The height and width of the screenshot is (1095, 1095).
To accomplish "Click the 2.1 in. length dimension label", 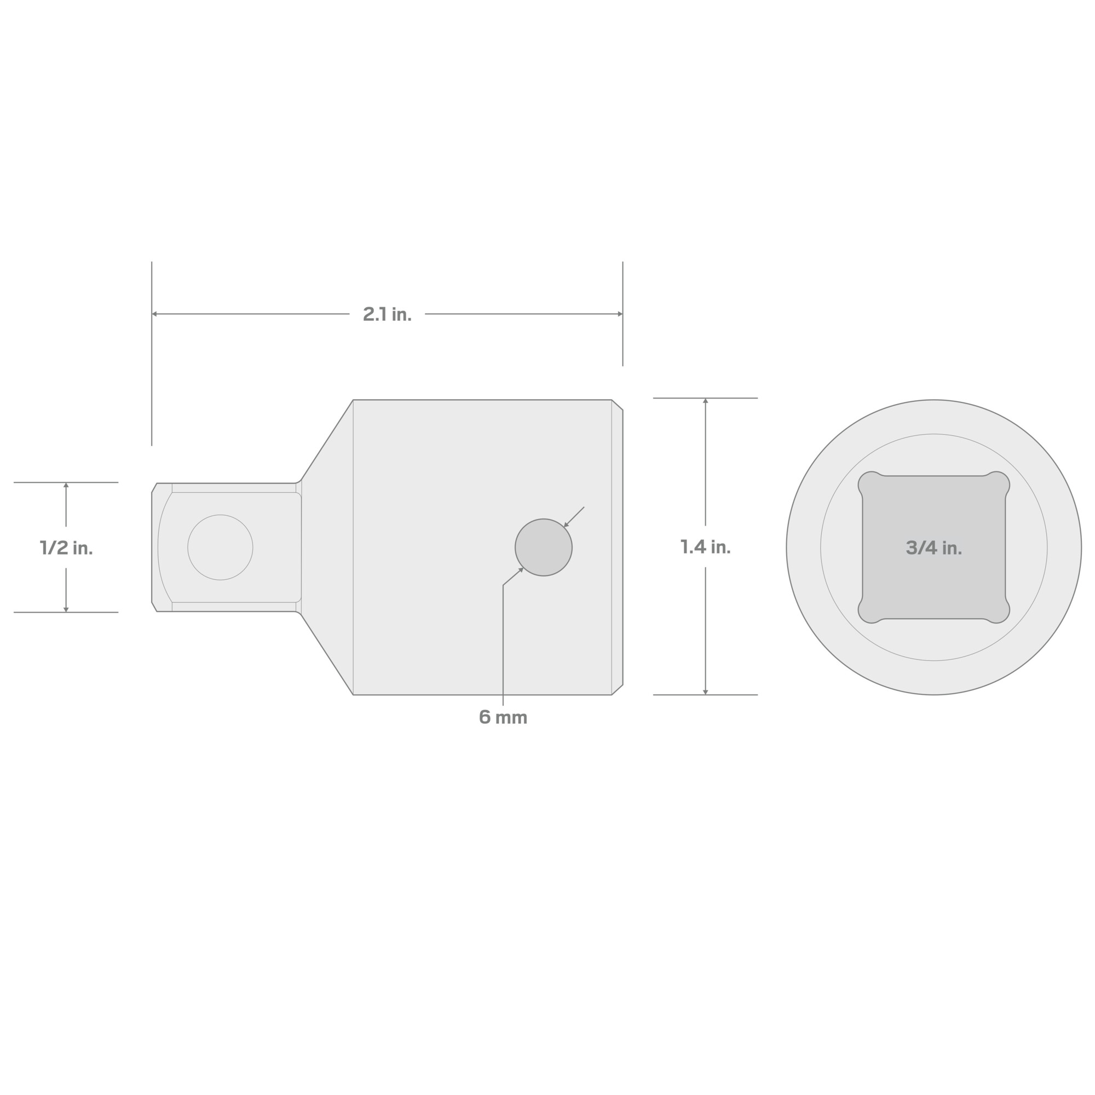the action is point(387,314).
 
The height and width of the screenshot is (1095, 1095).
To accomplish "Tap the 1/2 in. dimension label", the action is point(66,547).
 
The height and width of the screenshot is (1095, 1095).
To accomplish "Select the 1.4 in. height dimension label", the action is point(705,547).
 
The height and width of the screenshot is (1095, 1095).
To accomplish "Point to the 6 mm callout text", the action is point(503,718).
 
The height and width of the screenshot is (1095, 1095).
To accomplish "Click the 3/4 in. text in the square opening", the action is point(933,547).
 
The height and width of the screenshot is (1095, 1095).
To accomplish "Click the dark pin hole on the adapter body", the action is point(544,547).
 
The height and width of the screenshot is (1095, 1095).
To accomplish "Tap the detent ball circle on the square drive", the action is point(221,547).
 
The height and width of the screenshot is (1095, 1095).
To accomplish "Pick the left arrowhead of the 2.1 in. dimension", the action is point(154,314).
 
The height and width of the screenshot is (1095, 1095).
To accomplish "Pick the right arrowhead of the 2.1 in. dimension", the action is point(620,314).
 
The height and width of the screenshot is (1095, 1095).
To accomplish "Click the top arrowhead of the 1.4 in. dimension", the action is point(706,401).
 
